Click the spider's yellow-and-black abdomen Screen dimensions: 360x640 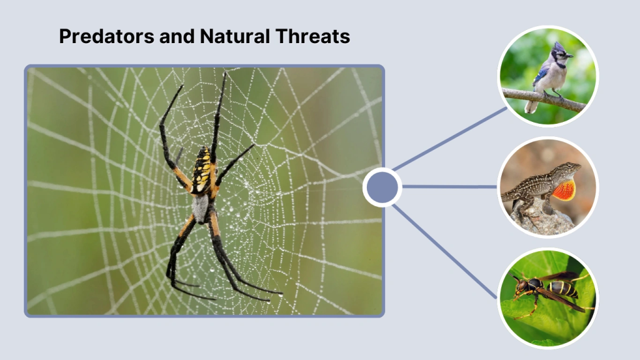coord(202,171)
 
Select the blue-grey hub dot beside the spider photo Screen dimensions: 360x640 coord(382,187)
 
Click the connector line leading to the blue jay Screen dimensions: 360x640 coord(450,139)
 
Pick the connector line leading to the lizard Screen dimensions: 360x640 coord(450,186)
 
